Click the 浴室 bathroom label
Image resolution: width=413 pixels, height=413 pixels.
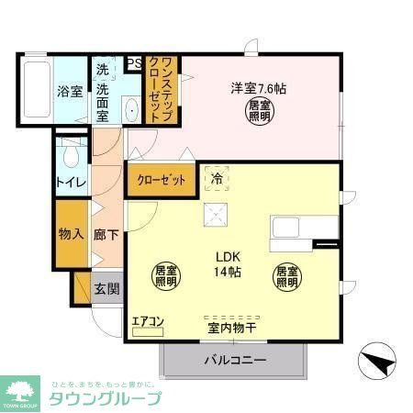(71, 91)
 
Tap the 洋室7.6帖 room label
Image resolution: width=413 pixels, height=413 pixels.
(257, 89)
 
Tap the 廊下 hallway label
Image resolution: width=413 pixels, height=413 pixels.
(106, 234)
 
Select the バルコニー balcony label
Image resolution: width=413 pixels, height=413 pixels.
(235, 361)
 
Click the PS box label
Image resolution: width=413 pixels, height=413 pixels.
(134, 63)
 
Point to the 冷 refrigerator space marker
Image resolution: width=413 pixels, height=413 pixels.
(218, 179)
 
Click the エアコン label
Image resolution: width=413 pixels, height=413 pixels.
(147, 320)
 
